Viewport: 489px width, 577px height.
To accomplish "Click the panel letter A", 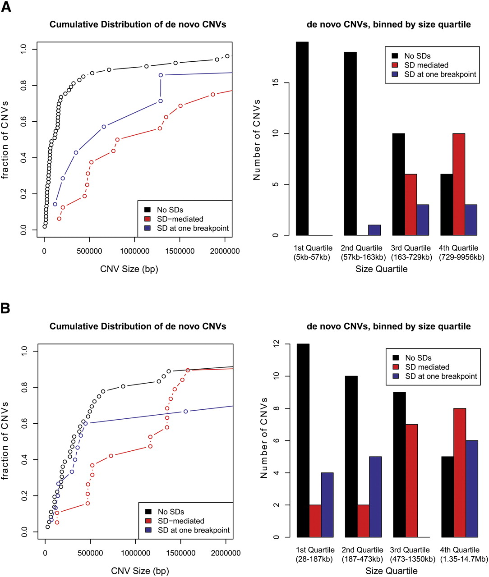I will click(7, 8).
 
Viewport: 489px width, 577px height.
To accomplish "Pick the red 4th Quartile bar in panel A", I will click(459, 184).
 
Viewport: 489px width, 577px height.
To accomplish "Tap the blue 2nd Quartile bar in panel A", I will click(374, 230).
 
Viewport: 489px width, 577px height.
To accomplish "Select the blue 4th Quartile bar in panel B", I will click(472, 489).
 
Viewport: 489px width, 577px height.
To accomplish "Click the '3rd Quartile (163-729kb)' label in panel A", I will click(410, 252).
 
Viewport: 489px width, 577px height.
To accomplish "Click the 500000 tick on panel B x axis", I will click(90, 553).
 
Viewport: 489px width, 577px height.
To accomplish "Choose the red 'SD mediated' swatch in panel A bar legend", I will click(395, 65).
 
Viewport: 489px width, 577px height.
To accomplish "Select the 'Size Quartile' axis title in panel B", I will click(391, 571).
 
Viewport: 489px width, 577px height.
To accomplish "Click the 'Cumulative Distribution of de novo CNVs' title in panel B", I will click(138, 326).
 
